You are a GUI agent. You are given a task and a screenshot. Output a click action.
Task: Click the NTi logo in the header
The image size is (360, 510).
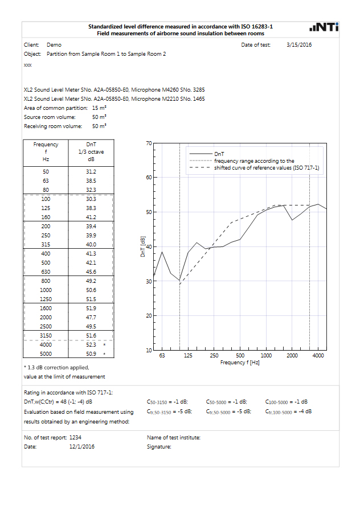pyautogui.click(x=324, y=27)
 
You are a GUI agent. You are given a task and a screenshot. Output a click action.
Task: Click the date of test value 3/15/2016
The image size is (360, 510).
pyautogui.click(x=299, y=44)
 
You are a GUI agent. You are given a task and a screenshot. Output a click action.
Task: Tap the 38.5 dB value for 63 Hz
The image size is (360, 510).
pyautogui.click(x=91, y=180)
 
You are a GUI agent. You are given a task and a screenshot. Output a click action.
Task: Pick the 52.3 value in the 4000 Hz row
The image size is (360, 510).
pyautogui.click(x=91, y=345)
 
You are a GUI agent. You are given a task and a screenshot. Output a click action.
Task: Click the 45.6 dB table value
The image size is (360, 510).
pyautogui.click(x=91, y=272)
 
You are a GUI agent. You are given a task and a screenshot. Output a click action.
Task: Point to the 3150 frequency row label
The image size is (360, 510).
pyautogui.click(x=46, y=336)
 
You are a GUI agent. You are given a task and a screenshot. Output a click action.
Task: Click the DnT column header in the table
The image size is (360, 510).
pyautogui.click(x=91, y=145)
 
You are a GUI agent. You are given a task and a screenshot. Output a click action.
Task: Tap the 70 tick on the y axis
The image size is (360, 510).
pyautogui.click(x=149, y=143)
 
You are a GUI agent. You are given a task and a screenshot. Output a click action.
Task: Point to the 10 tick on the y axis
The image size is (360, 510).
pyautogui.click(x=149, y=350)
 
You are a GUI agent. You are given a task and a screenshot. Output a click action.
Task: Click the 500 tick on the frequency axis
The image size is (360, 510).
pyautogui.click(x=240, y=356)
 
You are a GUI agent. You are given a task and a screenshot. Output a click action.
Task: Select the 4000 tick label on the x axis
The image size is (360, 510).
pyautogui.click(x=318, y=356)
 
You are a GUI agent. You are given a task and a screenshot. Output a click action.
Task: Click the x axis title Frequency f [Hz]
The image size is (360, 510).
pyautogui.click(x=240, y=363)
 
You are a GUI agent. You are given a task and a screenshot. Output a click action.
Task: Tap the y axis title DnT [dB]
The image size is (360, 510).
pyautogui.click(x=142, y=247)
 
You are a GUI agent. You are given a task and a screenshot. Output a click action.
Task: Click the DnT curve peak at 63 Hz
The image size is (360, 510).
pyautogui.click(x=162, y=252)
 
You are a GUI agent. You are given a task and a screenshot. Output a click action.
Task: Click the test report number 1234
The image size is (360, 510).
pyautogui.click(x=76, y=438)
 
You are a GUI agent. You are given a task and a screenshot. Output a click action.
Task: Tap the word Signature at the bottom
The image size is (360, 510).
pyautogui.click(x=159, y=447)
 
